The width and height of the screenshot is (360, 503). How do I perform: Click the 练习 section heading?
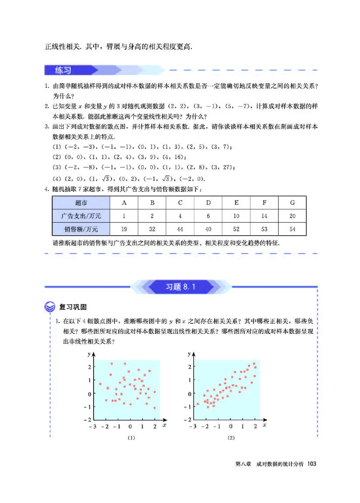(x=63, y=70)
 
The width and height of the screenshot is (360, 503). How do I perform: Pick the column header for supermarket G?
(x=292, y=202)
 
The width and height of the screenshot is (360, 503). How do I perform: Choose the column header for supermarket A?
(x=124, y=202)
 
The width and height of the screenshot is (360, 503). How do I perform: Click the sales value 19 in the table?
(x=124, y=229)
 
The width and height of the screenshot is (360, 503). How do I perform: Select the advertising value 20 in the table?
(x=292, y=216)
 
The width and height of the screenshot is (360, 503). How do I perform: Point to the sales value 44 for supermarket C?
(x=180, y=229)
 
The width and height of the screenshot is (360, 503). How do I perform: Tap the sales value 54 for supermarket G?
(x=292, y=229)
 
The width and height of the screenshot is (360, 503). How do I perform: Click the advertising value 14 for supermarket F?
(x=264, y=216)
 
